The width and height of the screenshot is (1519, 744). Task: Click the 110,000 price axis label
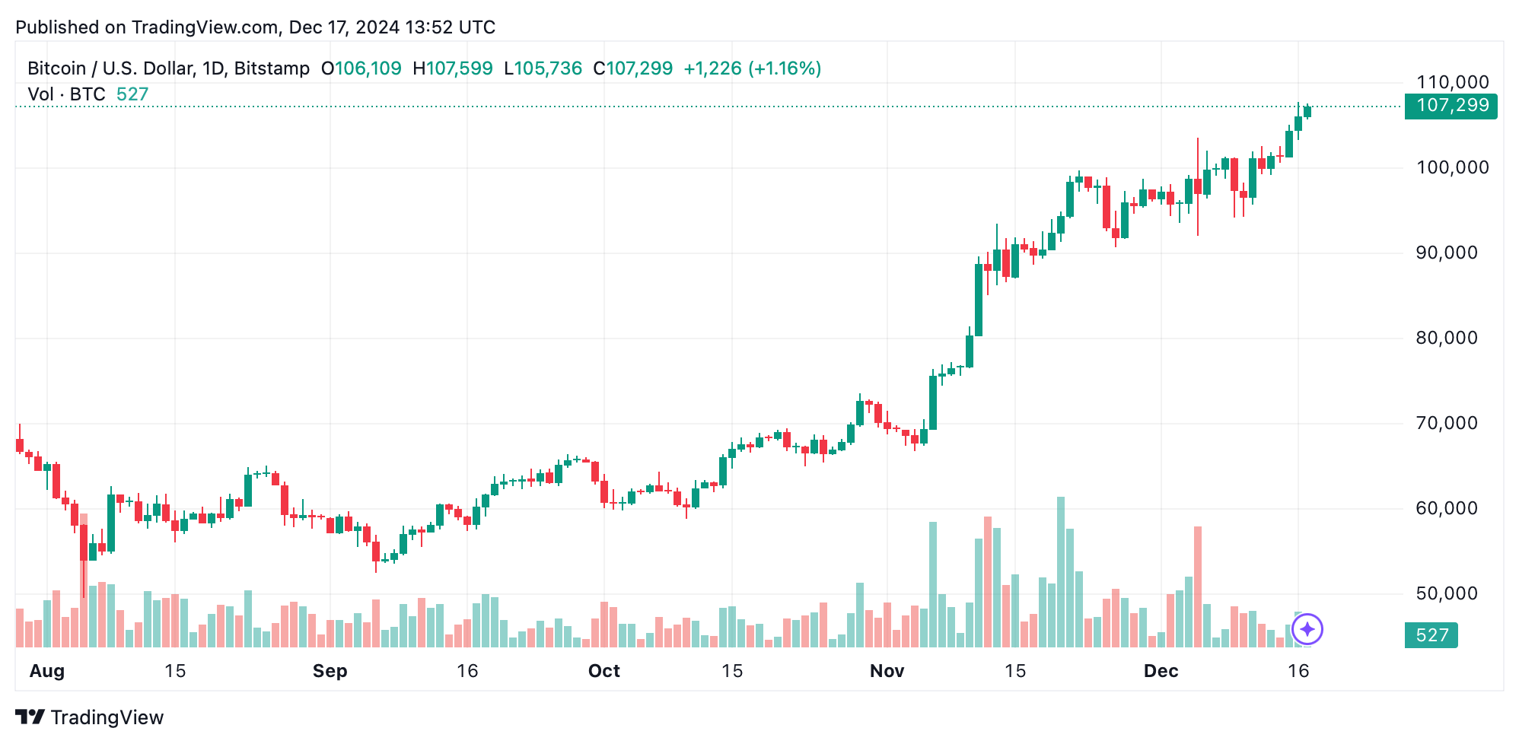(1452, 82)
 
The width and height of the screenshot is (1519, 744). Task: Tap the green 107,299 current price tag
(1451, 106)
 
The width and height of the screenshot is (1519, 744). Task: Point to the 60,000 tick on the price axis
(1446, 508)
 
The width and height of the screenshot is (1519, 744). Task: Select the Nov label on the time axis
(887, 671)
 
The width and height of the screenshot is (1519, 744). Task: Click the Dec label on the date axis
(1161, 671)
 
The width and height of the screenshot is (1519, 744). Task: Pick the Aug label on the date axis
(46, 671)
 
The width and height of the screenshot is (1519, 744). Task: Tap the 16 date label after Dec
(1298, 671)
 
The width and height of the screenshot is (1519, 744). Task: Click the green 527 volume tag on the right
(1431, 635)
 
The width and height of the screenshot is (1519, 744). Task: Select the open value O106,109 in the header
(361, 68)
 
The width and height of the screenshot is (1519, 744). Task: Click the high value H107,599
(453, 68)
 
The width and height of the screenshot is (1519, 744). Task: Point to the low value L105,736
(543, 68)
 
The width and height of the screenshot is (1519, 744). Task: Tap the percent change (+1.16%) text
(785, 68)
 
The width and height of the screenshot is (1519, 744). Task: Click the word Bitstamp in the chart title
(272, 68)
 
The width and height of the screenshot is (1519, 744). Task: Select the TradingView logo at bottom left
(90, 717)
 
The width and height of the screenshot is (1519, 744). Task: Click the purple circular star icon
(1307, 629)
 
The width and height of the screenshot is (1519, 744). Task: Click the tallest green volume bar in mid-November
(1061, 571)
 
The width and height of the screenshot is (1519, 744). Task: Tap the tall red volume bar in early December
(1198, 586)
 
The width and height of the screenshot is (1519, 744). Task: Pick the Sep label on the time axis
(330, 671)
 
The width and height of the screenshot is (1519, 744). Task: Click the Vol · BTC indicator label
(67, 94)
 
